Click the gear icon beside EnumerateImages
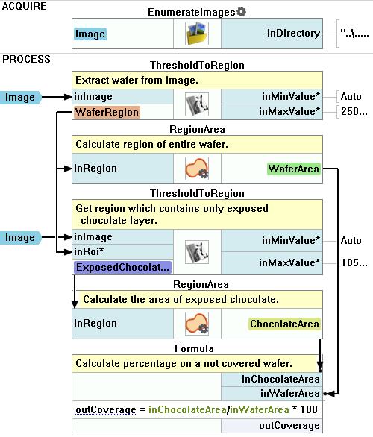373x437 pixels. [x=241, y=11]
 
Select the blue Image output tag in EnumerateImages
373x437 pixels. [x=90, y=34]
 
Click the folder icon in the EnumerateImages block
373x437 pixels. [x=197, y=34]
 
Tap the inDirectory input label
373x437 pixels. [x=293, y=33]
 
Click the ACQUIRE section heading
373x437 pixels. [x=24, y=6]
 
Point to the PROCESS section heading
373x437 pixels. [x=26, y=59]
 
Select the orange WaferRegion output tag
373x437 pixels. [x=107, y=112]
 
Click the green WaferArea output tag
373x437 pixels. [x=293, y=169]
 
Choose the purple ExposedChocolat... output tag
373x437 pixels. [x=122, y=267]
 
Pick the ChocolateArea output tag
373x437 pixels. [x=284, y=324]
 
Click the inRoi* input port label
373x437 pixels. [x=89, y=251]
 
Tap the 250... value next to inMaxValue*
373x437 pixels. [x=354, y=111]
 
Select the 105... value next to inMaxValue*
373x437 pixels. [x=354, y=262]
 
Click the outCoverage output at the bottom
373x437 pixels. [x=289, y=426]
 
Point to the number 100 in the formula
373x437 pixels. [x=309, y=409]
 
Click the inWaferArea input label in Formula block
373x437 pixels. [x=290, y=393]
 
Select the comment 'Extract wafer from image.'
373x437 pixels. [x=137, y=81]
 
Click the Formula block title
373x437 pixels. [x=194, y=348]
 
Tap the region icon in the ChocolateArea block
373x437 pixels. [x=197, y=324]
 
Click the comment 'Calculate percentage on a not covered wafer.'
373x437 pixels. [x=184, y=363]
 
